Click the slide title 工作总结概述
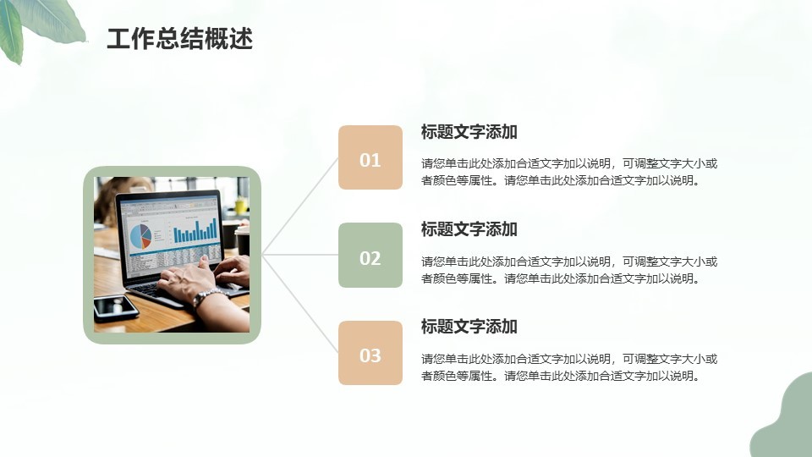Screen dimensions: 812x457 [x=179, y=39]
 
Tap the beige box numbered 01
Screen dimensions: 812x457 [x=370, y=157]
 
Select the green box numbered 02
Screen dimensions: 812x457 [x=370, y=255]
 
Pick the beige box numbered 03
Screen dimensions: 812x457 [x=370, y=353]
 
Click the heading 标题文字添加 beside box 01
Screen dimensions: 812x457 [x=469, y=132]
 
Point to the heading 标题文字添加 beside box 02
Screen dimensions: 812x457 [x=469, y=229]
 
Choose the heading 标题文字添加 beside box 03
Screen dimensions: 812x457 [x=469, y=327]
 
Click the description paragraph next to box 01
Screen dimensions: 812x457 [x=569, y=172]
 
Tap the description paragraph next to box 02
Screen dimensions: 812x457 [x=569, y=270]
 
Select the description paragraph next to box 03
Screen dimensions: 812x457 [x=569, y=367]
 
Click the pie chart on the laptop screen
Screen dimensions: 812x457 [x=141, y=236]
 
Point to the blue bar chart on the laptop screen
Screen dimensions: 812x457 [x=195, y=230]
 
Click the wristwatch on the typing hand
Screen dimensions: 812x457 [x=209, y=297]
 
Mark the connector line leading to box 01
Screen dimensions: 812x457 [x=300, y=206]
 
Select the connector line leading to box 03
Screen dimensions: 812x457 [x=300, y=304]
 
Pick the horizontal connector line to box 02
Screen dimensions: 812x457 [x=300, y=255]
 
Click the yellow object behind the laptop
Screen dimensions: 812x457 [x=241, y=206]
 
